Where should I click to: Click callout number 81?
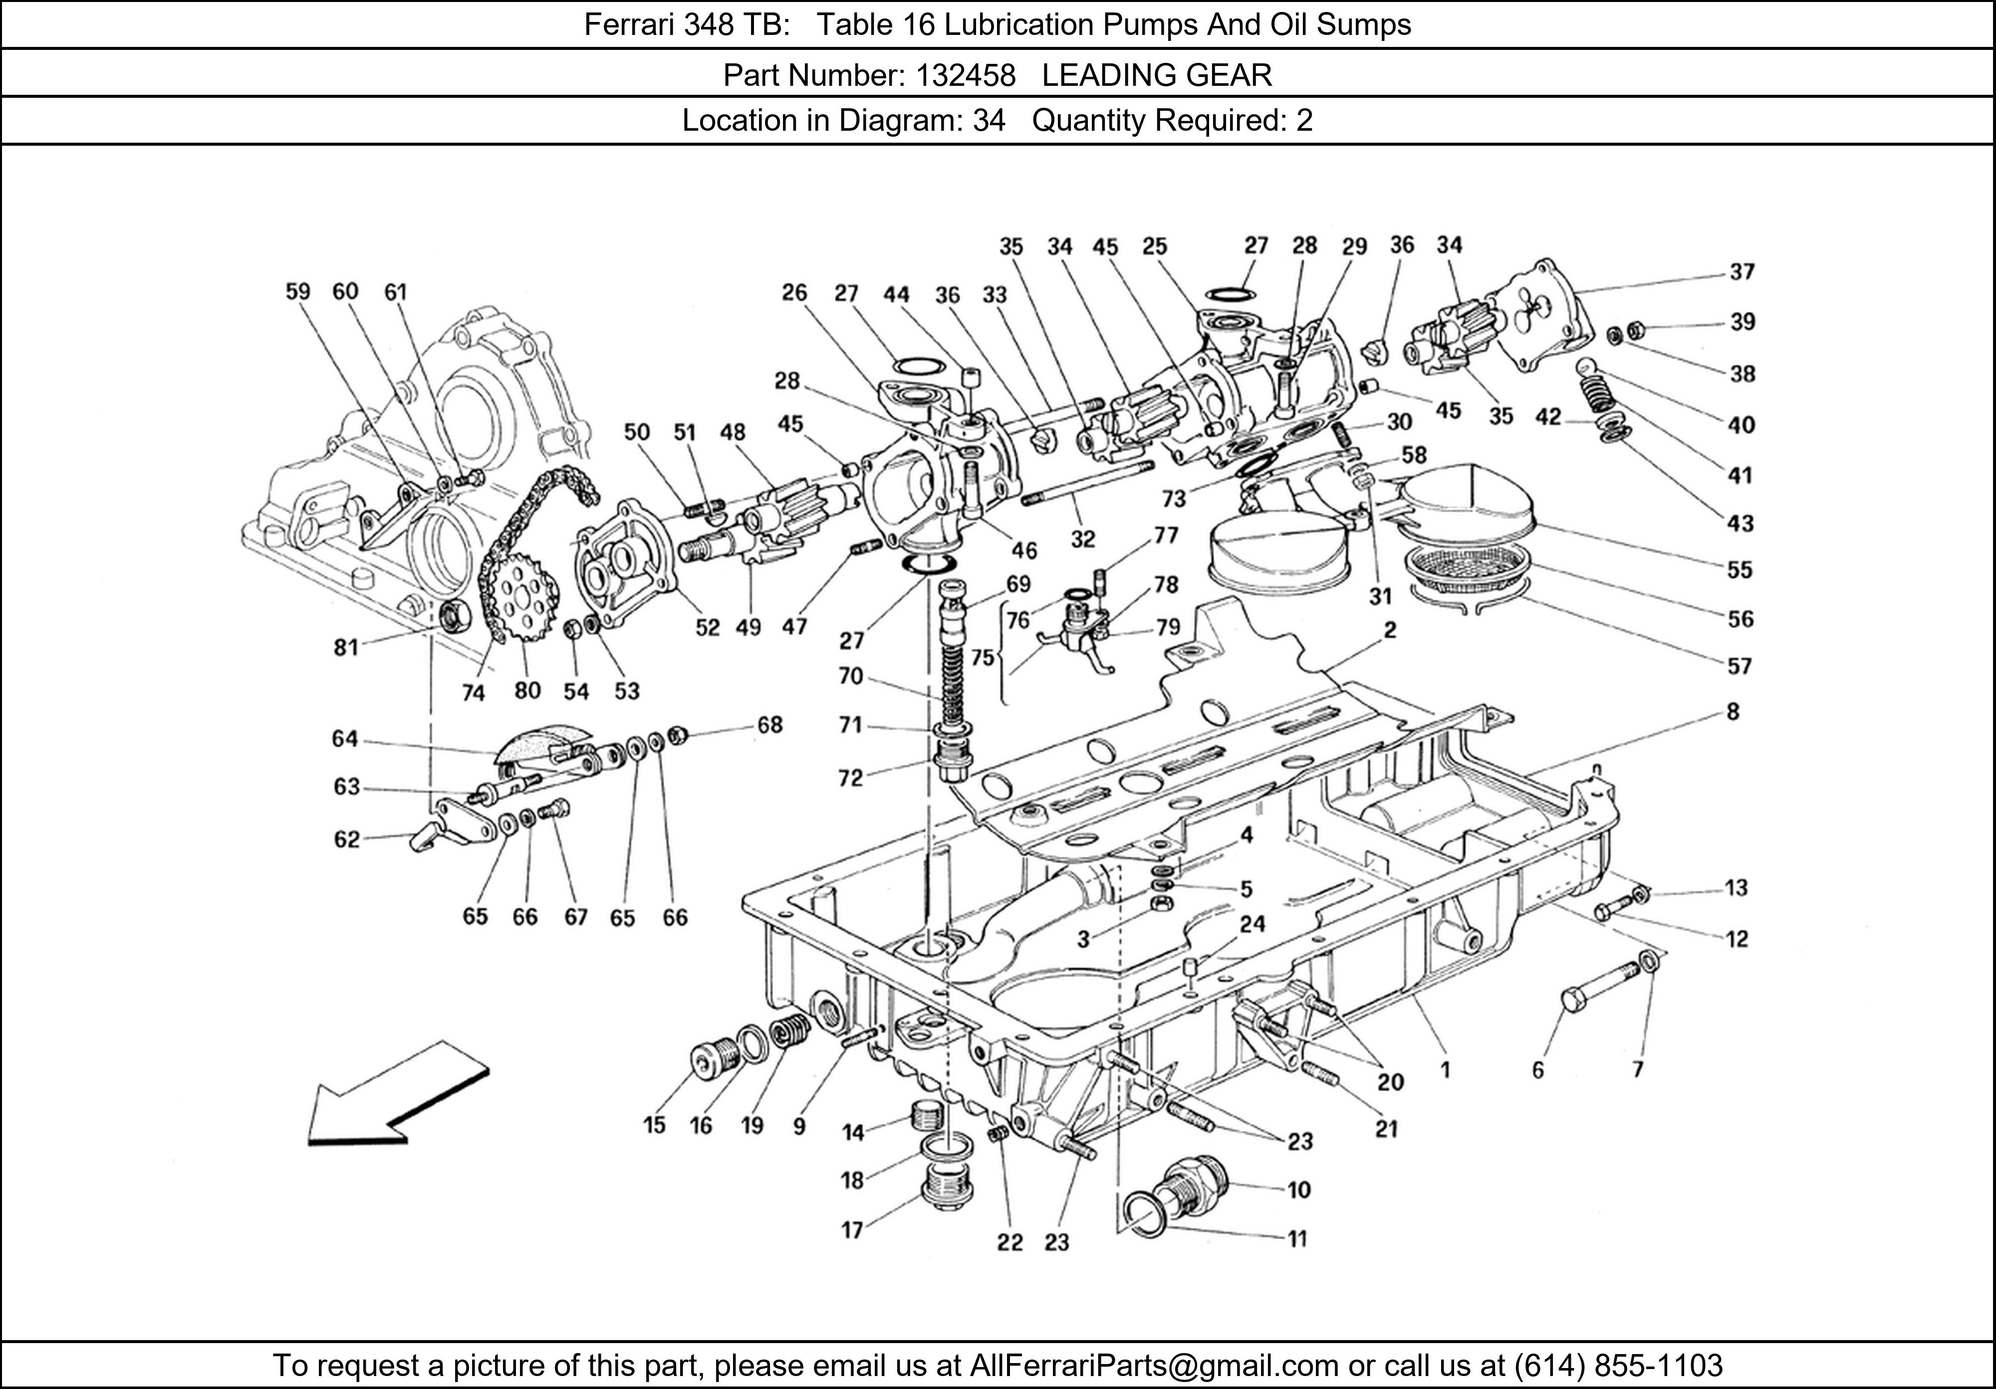[346, 648]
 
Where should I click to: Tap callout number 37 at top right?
[1742, 272]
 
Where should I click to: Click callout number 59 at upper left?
[297, 291]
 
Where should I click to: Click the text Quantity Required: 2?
[1171, 120]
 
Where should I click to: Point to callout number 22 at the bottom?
[1009, 1243]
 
